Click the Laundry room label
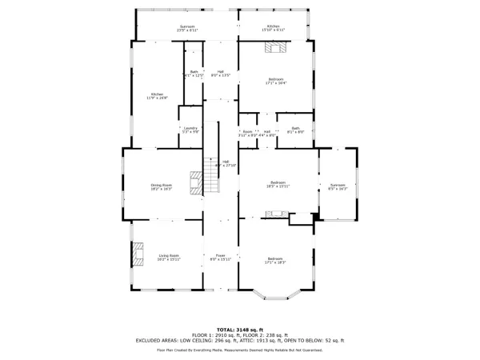tap(190, 130)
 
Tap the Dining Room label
tap(162, 186)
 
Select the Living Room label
tap(169, 257)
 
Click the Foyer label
tap(221, 257)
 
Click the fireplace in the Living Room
tap(138, 255)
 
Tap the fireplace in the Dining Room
tap(195, 183)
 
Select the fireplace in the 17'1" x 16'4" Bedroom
tap(277, 47)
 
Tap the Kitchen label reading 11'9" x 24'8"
tap(158, 96)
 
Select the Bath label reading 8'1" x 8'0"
tap(295, 130)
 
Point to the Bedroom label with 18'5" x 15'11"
tap(278, 184)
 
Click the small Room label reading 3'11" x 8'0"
tap(248, 134)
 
